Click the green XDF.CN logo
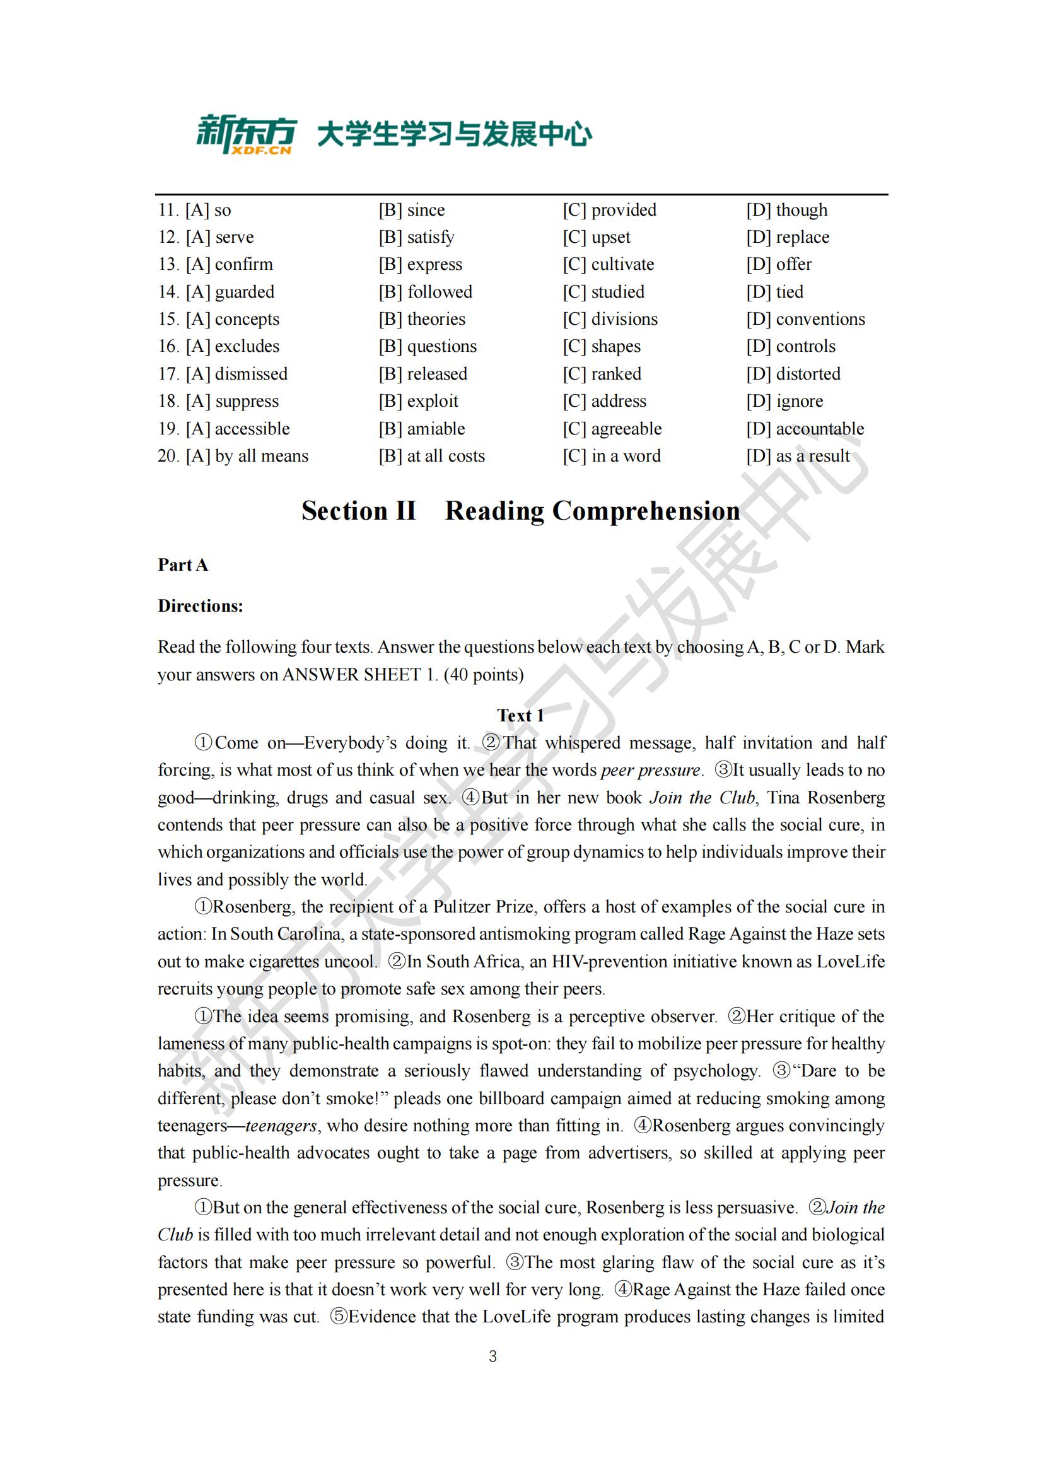(246, 134)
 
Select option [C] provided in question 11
(610, 210)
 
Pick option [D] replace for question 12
(788, 237)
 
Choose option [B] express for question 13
(420, 264)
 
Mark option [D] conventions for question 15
(805, 318)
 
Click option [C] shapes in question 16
(602, 346)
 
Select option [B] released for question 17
(422, 374)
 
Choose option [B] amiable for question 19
(421, 428)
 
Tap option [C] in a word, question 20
(612, 456)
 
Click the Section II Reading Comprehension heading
(520, 511)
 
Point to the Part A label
(183, 564)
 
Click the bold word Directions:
(201, 606)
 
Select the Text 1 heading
(520, 715)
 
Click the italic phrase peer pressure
(650, 769)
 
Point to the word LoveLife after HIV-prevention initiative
(850, 961)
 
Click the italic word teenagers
(281, 1126)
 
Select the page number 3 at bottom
(492, 1356)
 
